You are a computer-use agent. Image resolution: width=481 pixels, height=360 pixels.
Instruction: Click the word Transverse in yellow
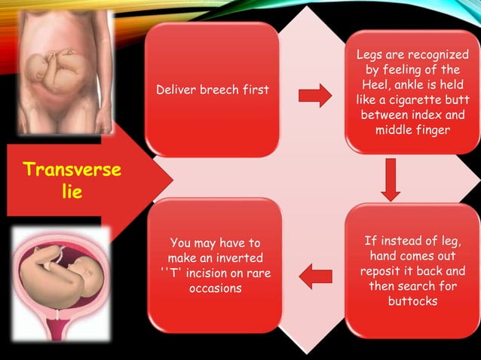coord(72,169)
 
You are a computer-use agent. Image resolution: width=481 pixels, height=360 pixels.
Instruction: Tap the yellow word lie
coord(72,192)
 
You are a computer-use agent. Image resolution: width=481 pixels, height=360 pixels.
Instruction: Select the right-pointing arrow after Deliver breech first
coord(315,96)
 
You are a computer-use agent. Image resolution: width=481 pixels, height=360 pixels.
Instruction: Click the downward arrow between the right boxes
coord(390,179)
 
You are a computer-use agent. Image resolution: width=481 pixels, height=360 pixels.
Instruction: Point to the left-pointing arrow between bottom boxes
coord(315,276)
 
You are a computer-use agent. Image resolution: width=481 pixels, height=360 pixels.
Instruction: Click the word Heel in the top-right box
coord(379,84)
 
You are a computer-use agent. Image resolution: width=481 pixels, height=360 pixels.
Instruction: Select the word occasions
coord(216,288)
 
